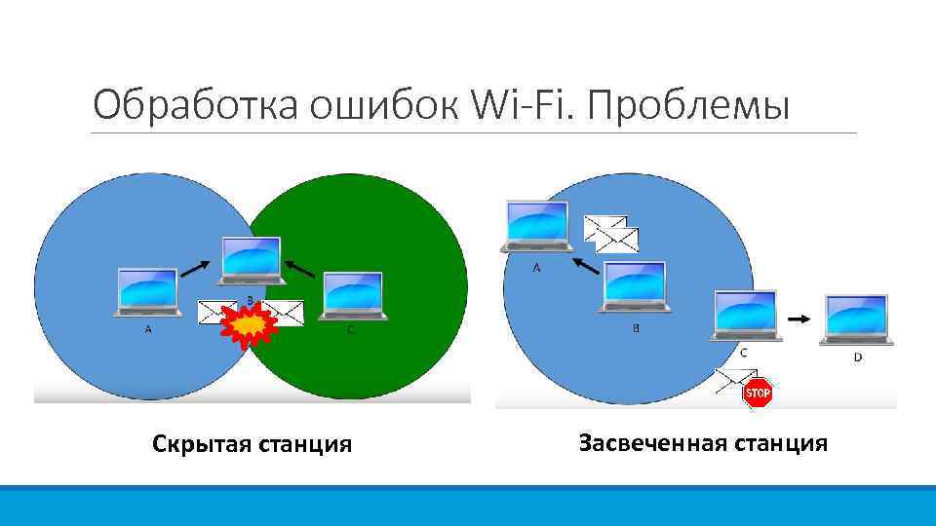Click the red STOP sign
[758, 394]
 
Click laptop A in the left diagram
[147, 291]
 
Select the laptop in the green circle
[353, 294]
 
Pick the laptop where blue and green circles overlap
[252, 260]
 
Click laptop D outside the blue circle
[856, 319]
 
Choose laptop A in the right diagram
[536, 226]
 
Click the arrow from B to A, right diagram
[585, 265]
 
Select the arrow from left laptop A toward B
[196, 263]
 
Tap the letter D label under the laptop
[858, 357]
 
